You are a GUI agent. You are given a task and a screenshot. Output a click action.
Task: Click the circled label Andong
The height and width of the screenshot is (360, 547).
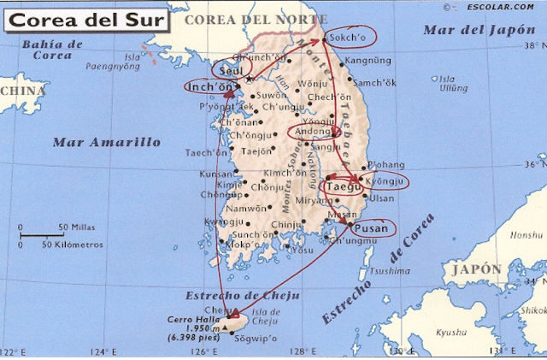[313, 133]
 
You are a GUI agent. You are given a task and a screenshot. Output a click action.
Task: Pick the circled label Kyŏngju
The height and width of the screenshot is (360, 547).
[385, 182]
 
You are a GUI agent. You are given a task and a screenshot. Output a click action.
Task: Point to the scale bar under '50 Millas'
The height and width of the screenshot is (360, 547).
[42, 234]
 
